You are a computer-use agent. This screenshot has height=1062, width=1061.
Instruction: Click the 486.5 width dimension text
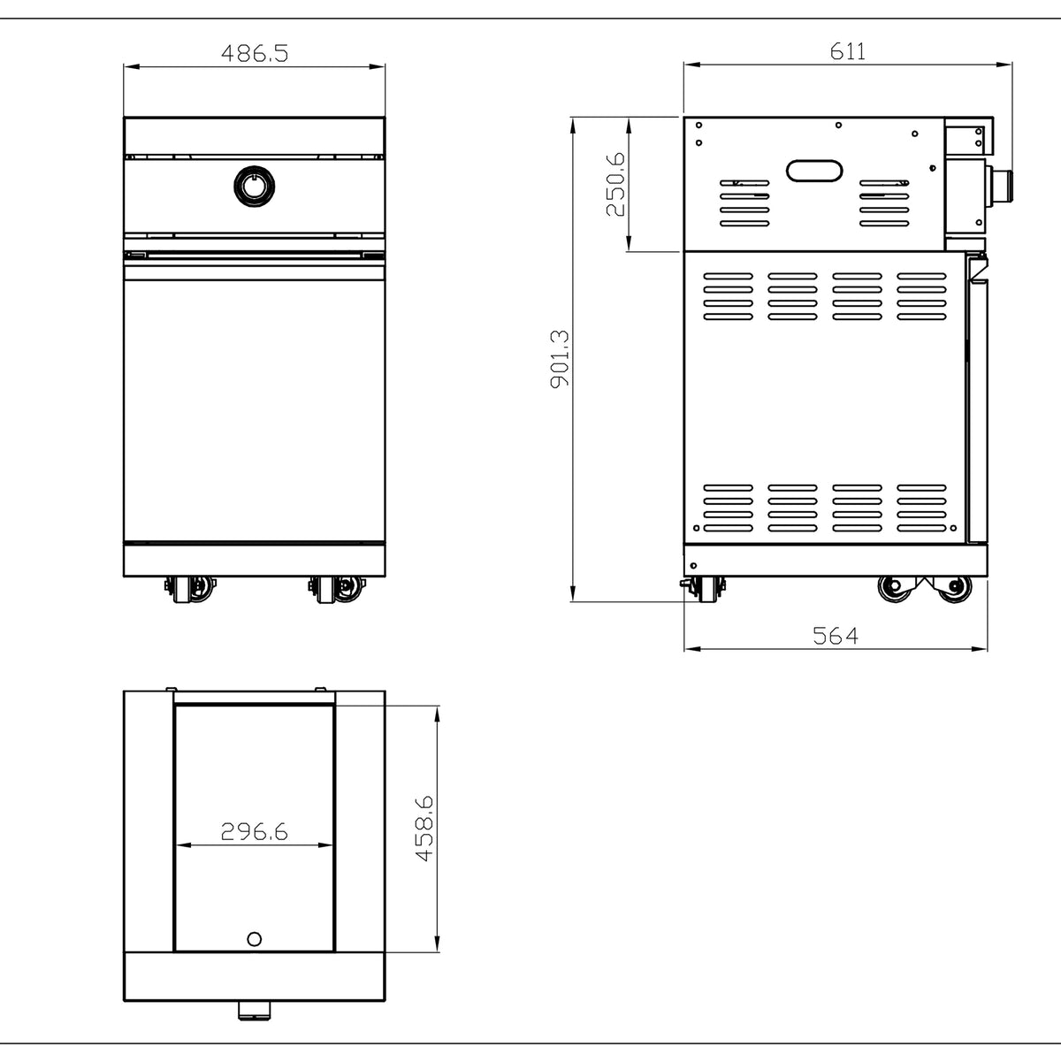tap(254, 53)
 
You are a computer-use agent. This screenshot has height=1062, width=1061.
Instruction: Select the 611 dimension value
tap(848, 51)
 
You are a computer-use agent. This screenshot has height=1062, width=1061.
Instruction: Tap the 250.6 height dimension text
tap(615, 184)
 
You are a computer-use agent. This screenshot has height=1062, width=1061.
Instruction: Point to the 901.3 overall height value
tap(560, 359)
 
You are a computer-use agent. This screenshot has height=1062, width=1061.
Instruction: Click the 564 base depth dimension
tap(836, 636)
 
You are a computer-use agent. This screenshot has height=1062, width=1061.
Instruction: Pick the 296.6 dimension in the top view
tap(254, 831)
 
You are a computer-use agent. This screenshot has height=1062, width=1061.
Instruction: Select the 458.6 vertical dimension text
tap(425, 829)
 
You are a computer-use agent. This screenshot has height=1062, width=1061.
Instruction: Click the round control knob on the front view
tap(254, 187)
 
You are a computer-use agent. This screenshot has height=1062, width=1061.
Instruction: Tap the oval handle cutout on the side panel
tap(814, 171)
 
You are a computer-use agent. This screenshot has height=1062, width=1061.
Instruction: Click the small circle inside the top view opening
tap(254, 939)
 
